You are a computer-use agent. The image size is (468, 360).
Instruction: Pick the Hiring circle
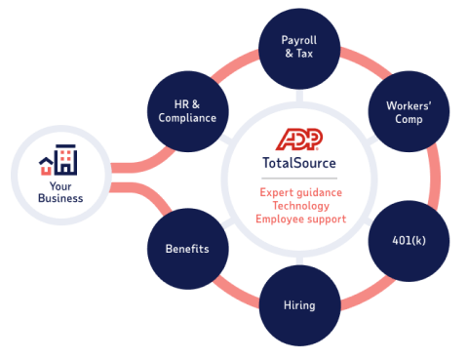(299, 304)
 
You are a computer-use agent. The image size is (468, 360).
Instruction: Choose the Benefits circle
(185, 248)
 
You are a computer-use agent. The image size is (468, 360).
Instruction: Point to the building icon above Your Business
(60, 160)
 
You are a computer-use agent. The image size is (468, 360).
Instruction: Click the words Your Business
(60, 191)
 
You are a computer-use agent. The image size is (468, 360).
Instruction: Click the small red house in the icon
(47, 165)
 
